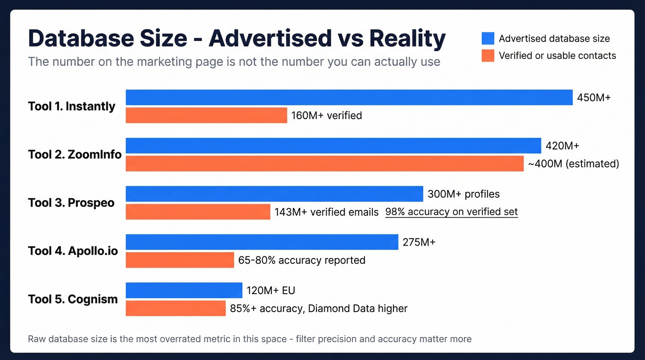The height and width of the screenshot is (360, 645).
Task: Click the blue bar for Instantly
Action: (349, 97)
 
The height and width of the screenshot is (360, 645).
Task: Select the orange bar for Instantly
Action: (206, 115)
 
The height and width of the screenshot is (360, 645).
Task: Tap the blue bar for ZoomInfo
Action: (333, 146)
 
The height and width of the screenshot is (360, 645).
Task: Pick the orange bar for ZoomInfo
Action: (324, 164)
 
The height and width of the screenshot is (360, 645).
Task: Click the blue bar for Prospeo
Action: (274, 194)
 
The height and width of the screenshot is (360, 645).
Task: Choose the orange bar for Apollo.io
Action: (180, 260)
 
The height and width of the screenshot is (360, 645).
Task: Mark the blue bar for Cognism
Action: (184, 290)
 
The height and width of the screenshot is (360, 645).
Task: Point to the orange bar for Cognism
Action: (176, 308)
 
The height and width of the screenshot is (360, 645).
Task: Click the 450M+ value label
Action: (594, 98)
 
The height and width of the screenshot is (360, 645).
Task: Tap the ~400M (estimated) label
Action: (573, 164)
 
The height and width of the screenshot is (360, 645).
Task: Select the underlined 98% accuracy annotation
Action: (451, 212)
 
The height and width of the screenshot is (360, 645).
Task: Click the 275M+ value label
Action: (419, 242)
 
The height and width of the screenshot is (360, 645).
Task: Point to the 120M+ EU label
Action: (271, 290)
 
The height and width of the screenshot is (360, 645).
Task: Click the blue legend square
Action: (487, 38)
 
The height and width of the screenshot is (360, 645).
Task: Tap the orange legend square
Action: (487, 56)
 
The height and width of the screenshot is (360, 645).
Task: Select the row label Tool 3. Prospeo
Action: (71, 203)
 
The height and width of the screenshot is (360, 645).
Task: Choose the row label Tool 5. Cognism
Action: (73, 299)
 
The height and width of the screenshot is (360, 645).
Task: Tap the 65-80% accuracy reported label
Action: (302, 260)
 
